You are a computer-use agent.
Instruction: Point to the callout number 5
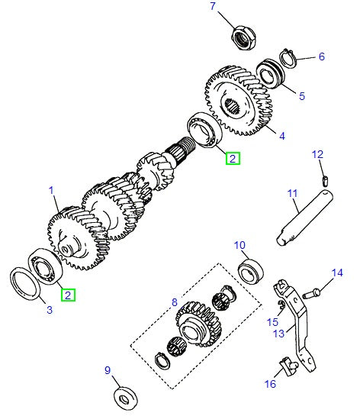(301, 96)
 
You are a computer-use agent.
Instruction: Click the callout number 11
(292, 194)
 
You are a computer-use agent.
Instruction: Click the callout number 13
(278, 333)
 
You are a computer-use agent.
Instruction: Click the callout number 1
(51, 189)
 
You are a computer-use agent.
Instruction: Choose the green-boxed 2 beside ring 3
(69, 294)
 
